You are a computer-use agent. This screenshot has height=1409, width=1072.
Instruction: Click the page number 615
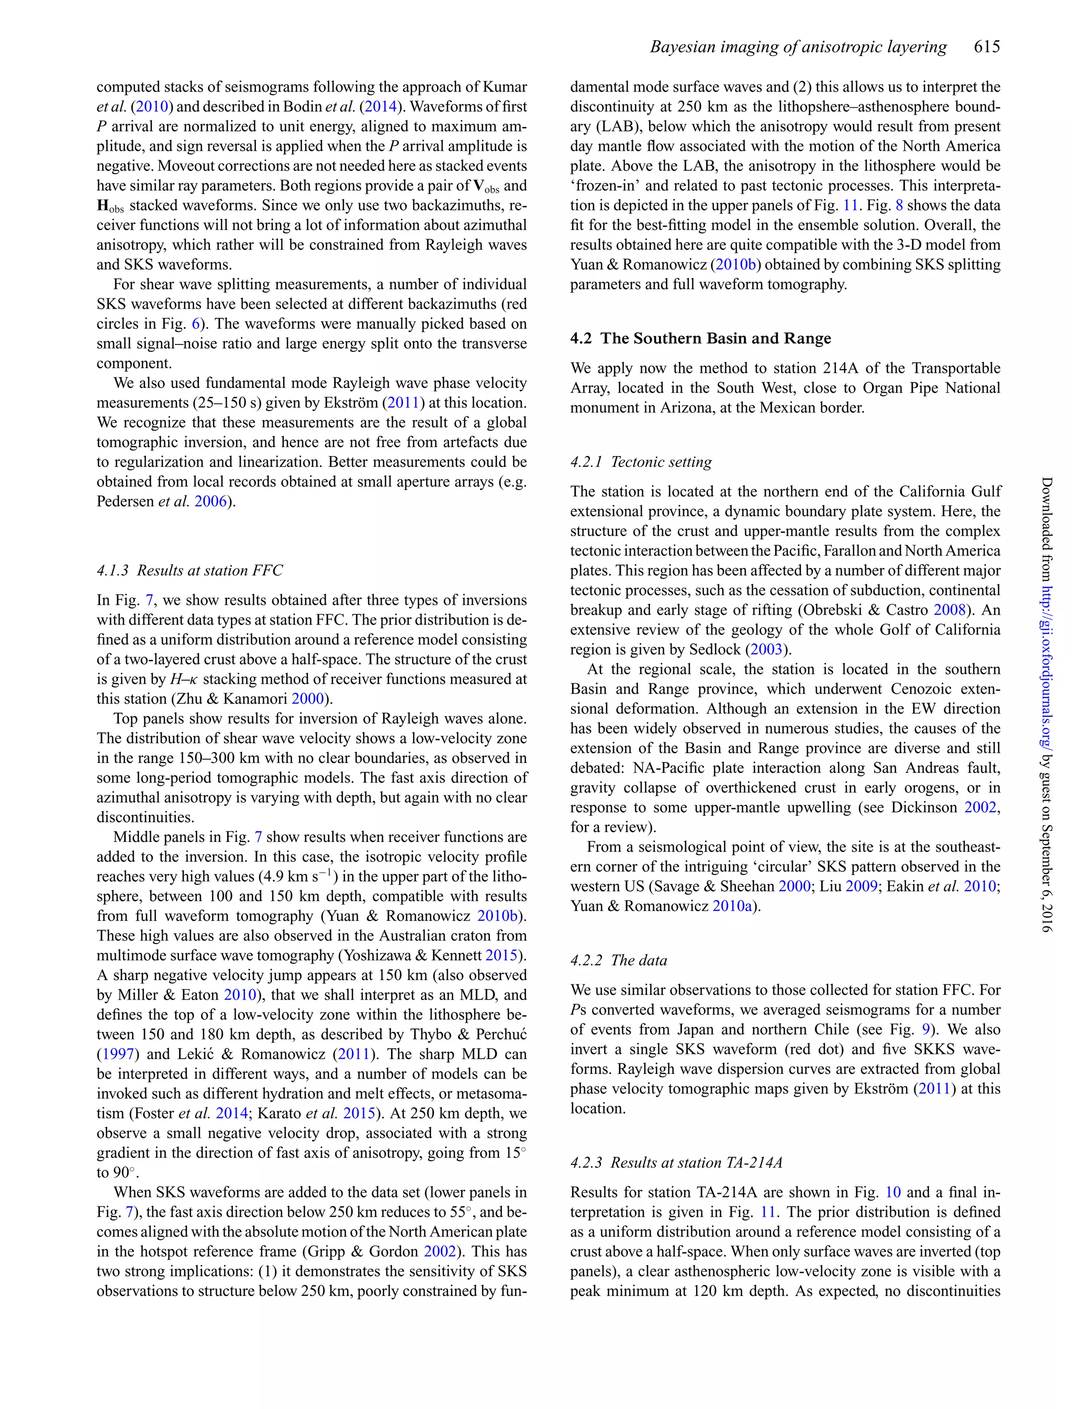(x=987, y=47)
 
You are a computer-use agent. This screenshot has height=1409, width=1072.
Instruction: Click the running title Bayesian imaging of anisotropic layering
(x=798, y=47)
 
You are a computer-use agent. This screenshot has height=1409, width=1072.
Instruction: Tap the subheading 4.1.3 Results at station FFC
(x=189, y=570)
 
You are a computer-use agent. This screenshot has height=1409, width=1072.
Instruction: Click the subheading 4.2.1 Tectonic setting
(x=641, y=461)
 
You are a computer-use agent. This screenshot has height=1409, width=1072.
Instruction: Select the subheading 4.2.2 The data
(x=618, y=960)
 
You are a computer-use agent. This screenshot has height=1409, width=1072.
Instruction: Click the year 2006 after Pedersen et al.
(x=210, y=501)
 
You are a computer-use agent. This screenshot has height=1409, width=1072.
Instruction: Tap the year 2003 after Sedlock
(x=768, y=650)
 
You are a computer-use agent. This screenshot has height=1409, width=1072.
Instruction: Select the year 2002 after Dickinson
(x=979, y=807)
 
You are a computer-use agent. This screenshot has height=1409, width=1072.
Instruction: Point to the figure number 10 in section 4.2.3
(x=892, y=1192)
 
